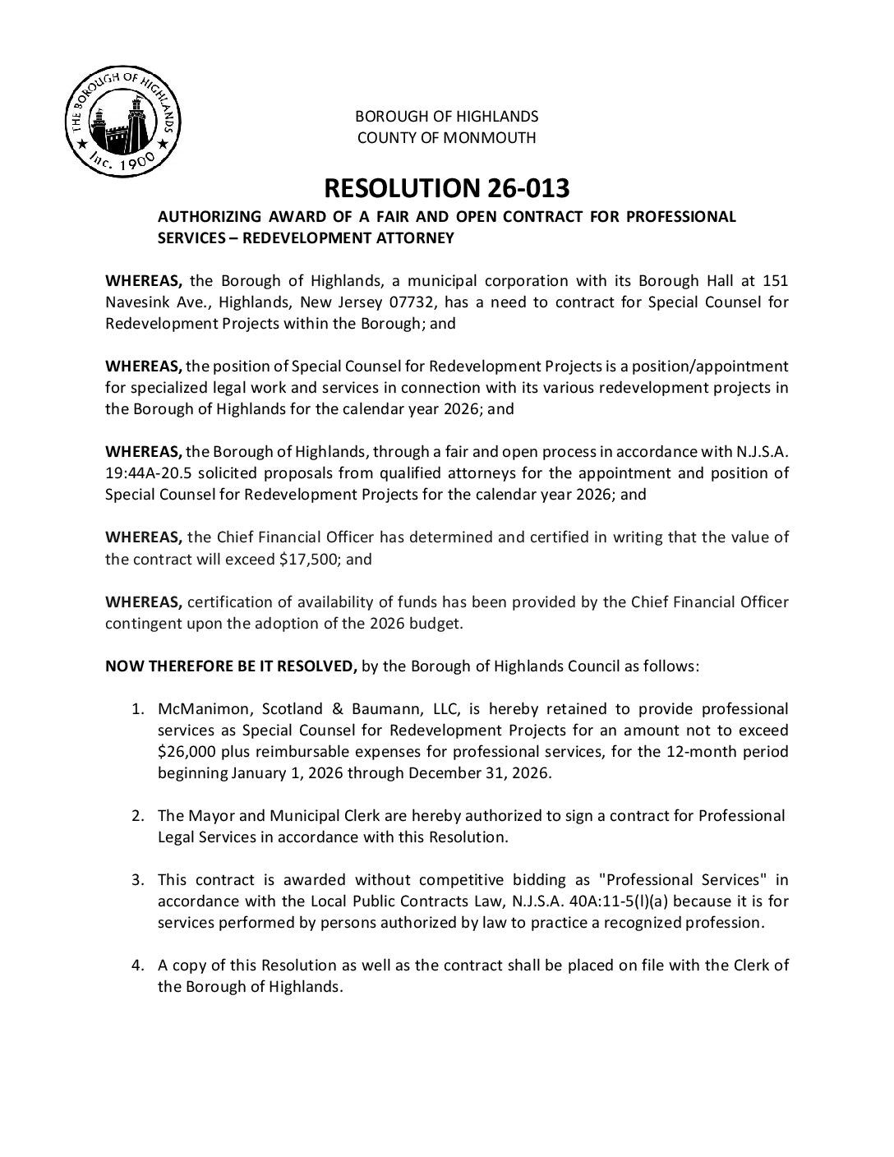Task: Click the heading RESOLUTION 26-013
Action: pyautogui.click(x=446, y=188)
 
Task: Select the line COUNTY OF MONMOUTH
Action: pyautogui.click(x=446, y=137)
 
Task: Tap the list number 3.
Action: pyautogui.click(x=138, y=879)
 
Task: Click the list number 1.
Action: pyautogui.click(x=138, y=708)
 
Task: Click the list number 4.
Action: pyautogui.click(x=138, y=965)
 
